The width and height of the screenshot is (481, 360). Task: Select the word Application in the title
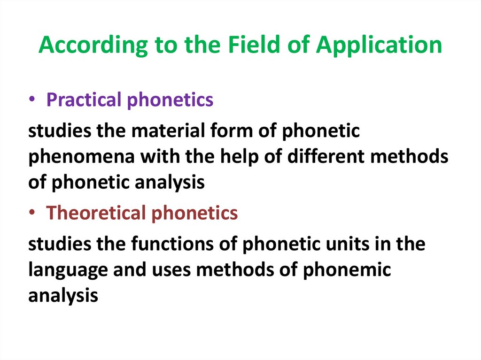(x=379, y=46)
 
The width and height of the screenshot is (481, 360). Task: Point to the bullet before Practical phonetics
(x=34, y=100)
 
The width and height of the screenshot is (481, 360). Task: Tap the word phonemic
(x=346, y=270)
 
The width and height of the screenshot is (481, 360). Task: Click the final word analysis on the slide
(x=63, y=296)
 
